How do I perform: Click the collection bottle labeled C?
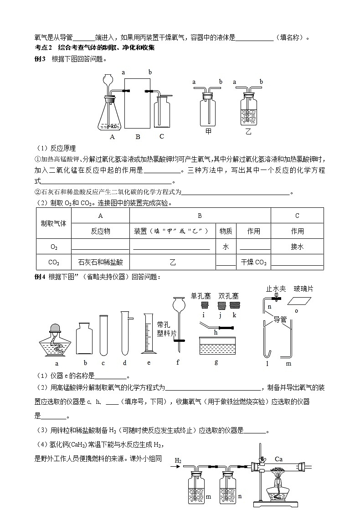[162, 114]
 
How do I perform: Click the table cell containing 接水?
[297, 247]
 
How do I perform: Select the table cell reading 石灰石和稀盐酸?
[100, 263]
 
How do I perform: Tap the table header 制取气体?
[53, 223]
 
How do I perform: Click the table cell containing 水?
[226, 247]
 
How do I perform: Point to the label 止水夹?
[276, 288]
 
